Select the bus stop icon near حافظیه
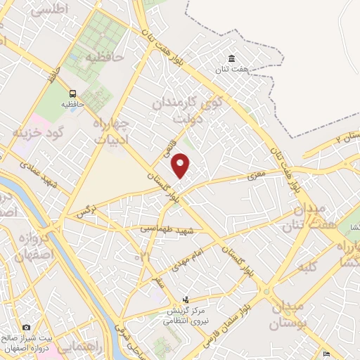pos(72,94)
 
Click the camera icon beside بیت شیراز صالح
pos(26,327)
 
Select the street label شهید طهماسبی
pos(156,230)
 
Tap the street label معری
pos(257,171)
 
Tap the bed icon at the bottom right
pos(325,354)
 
